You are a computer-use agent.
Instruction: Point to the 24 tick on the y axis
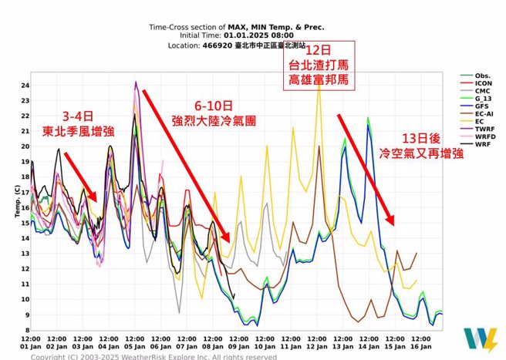tap(25, 86)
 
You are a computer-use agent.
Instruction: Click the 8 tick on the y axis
tap(26, 330)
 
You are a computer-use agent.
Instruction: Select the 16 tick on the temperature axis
tap(25, 207)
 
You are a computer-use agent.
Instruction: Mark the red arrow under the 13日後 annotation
tap(366, 169)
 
